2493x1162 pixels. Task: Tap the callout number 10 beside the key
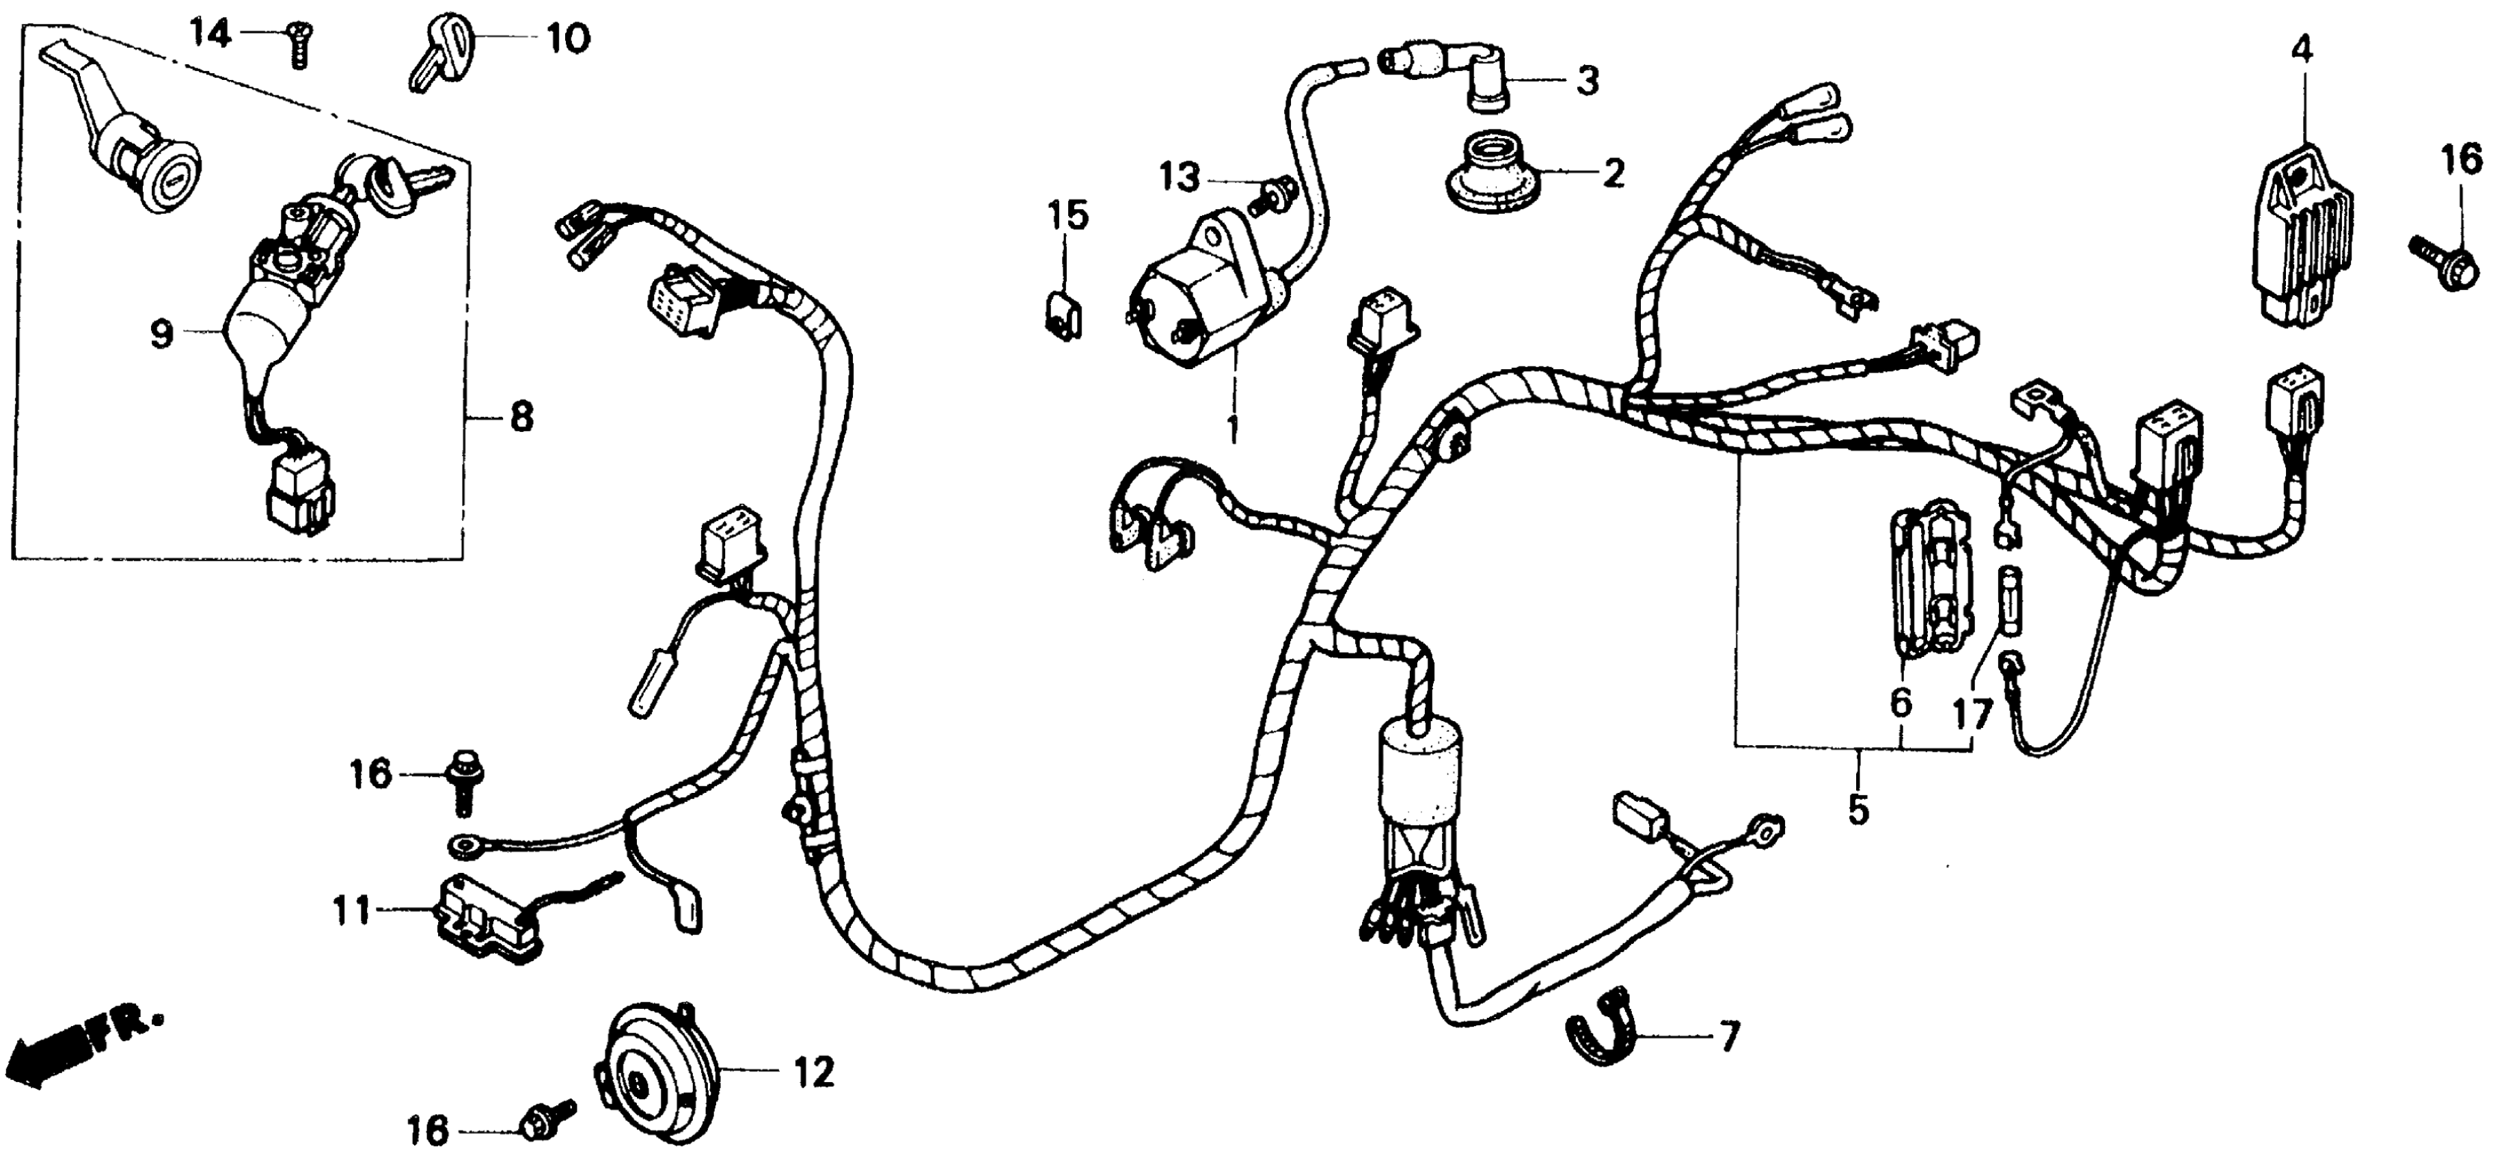click(x=568, y=41)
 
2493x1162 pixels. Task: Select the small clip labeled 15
click(x=1065, y=310)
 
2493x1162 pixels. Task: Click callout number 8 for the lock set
click(x=521, y=418)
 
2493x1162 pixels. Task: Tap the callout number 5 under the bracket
click(x=1858, y=809)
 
